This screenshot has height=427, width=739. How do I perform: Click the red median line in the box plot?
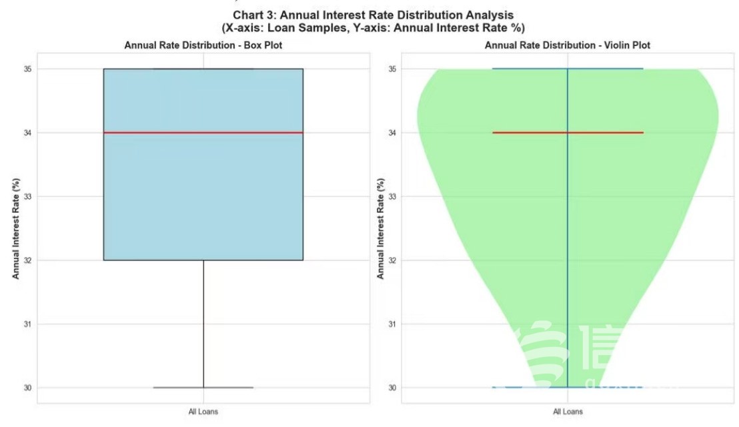(203, 132)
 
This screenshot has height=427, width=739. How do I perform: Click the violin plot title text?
(567, 45)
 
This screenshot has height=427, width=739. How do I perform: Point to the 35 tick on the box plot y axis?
(27, 69)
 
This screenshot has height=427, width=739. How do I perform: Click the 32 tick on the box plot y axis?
(27, 260)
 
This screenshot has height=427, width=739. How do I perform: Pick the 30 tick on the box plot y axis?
(27, 388)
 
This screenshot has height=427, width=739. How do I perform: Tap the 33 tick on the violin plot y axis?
(392, 196)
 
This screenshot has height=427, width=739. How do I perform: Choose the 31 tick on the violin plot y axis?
(392, 324)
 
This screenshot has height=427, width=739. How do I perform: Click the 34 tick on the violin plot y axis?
(392, 133)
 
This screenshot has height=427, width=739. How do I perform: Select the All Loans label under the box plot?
(203, 412)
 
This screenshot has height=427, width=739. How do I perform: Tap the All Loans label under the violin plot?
(568, 412)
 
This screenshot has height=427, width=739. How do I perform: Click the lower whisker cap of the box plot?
(203, 387)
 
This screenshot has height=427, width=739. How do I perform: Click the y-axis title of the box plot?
(15, 228)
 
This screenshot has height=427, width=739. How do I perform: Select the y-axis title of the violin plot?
(380, 228)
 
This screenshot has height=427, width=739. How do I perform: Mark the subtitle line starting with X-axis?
(373, 28)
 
